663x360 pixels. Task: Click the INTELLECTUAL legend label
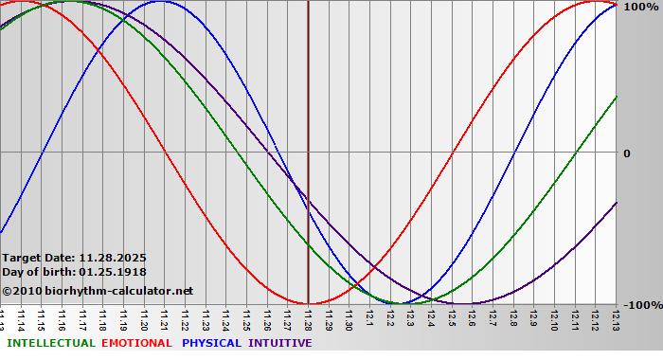pyautogui.click(x=51, y=343)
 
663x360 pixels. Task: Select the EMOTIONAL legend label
pyautogui.click(x=136, y=343)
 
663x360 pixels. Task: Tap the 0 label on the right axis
pyautogui.click(x=626, y=153)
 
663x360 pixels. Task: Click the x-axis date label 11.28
pyautogui.click(x=308, y=319)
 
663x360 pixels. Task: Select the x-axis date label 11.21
pyautogui.click(x=165, y=319)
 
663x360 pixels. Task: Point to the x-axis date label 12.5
pyautogui.click(x=451, y=319)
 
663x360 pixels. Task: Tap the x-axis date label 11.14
pyautogui.click(x=22, y=319)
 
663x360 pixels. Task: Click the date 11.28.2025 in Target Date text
pyautogui.click(x=113, y=257)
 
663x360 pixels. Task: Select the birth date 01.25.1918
pyautogui.click(x=113, y=272)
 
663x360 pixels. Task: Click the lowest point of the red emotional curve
pyautogui.click(x=308, y=303)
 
